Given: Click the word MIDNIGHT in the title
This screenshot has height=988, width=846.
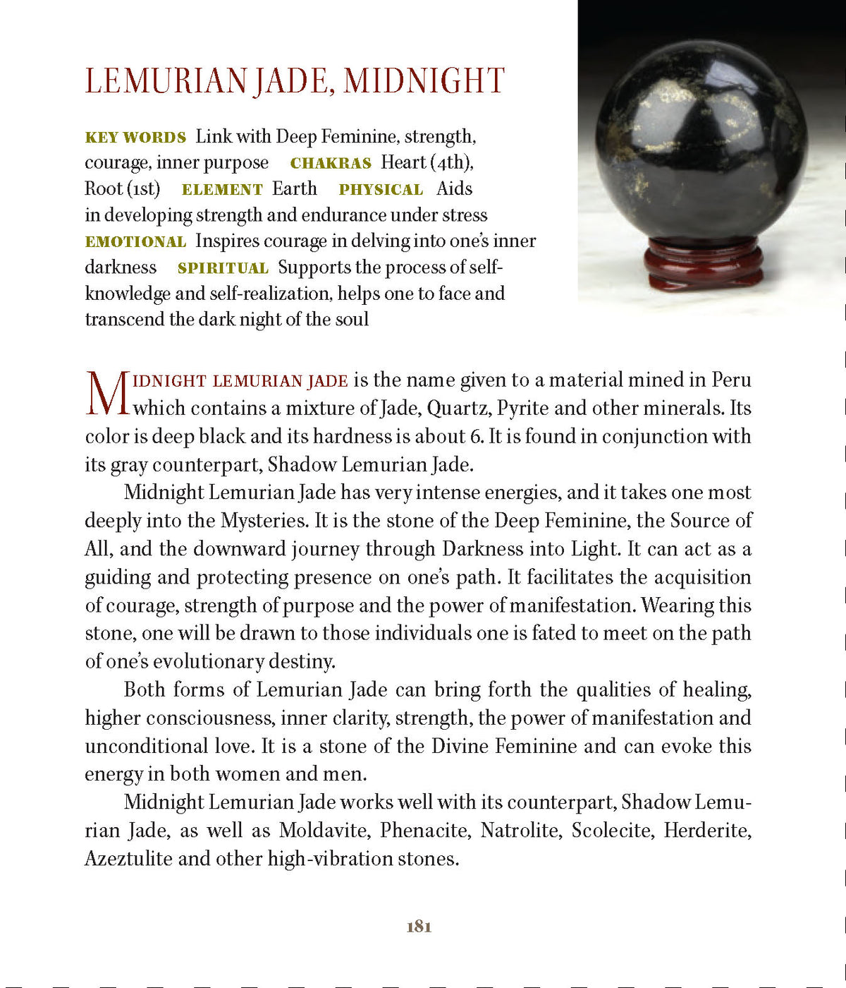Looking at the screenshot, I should click(x=424, y=81).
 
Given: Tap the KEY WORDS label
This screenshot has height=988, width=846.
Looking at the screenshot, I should click(x=135, y=138).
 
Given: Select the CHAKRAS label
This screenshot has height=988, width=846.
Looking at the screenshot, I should click(x=331, y=164).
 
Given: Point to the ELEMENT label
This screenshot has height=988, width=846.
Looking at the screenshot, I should click(x=222, y=190).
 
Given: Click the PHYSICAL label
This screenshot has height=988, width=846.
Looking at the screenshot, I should click(x=381, y=190).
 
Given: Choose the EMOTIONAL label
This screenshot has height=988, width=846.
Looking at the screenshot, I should click(x=135, y=242).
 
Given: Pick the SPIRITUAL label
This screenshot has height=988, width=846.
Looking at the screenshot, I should click(x=223, y=269).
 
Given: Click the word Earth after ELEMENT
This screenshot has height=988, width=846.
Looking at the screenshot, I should click(x=295, y=189).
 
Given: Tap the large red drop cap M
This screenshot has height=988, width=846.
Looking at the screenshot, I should click(x=106, y=394).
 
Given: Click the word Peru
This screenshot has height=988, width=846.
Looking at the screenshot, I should click(x=731, y=380).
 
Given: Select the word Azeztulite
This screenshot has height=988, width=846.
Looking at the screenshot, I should click(x=128, y=859).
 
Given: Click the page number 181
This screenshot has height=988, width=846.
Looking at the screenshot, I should click(x=419, y=927).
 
